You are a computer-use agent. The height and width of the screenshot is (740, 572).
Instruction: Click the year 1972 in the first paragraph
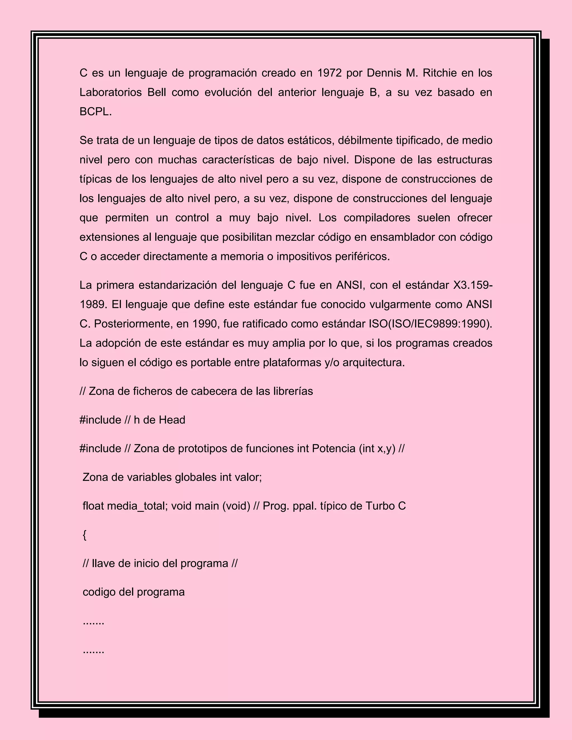[329, 73]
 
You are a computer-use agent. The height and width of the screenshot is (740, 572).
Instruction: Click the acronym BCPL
[95, 112]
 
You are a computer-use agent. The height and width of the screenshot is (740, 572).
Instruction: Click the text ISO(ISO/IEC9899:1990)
[430, 324]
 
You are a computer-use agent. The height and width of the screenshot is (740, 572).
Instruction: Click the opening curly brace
[85, 535]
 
